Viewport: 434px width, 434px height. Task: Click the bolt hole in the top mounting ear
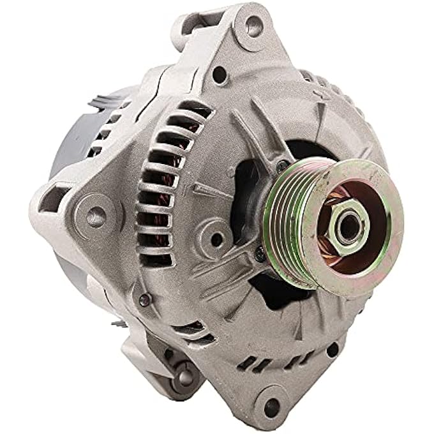tap(253, 26)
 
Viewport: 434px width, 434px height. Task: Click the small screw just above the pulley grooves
tap(281, 165)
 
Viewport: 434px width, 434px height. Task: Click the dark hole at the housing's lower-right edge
tap(333, 348)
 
